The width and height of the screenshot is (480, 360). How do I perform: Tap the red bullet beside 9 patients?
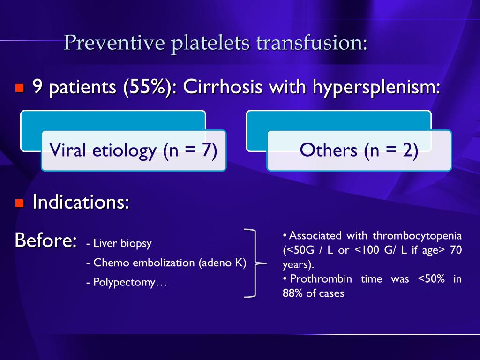19,88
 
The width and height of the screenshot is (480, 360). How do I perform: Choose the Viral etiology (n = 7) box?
134,150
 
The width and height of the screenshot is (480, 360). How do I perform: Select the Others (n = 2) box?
359,150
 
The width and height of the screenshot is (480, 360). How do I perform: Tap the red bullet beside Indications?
19,203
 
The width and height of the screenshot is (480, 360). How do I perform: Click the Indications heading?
81,202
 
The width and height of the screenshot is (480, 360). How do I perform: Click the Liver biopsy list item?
119,243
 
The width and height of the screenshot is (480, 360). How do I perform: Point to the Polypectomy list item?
127,283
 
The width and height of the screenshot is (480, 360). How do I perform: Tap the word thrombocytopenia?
417,235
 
